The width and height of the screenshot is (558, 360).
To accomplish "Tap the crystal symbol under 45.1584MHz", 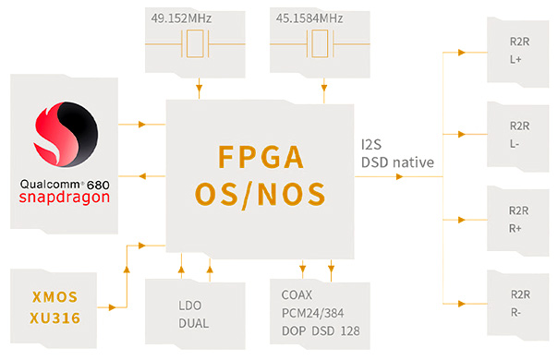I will click(322, 43).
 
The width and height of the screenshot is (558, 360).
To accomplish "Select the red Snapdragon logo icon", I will click(64, 138).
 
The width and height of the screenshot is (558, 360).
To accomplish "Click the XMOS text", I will click(52, 297).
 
